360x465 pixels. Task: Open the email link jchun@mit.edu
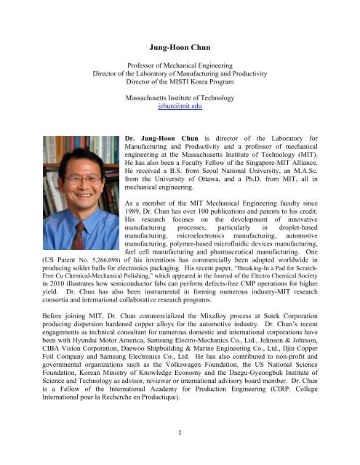click(180, 105)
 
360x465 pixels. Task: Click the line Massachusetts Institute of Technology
click(180, 94)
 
